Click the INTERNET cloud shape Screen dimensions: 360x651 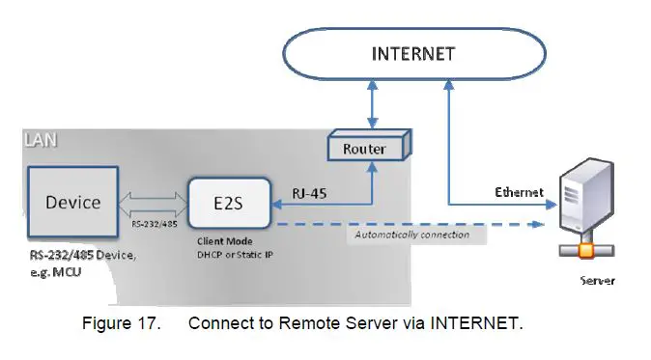(412, 54)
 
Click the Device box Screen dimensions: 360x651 (73, 203)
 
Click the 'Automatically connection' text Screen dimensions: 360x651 (411, 235)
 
